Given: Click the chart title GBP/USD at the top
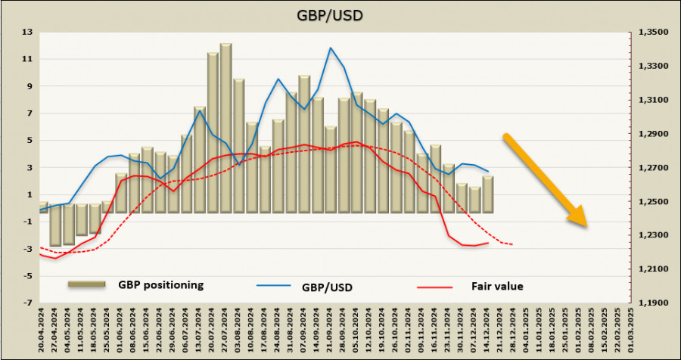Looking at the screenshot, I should pos(340,14).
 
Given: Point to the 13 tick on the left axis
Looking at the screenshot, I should pos(28,32).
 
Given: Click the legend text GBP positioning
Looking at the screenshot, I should pos(160,285).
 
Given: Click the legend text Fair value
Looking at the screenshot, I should pos(497,287).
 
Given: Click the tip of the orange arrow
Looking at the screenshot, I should pos(586,225).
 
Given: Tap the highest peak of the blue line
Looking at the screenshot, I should pos(331,48).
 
